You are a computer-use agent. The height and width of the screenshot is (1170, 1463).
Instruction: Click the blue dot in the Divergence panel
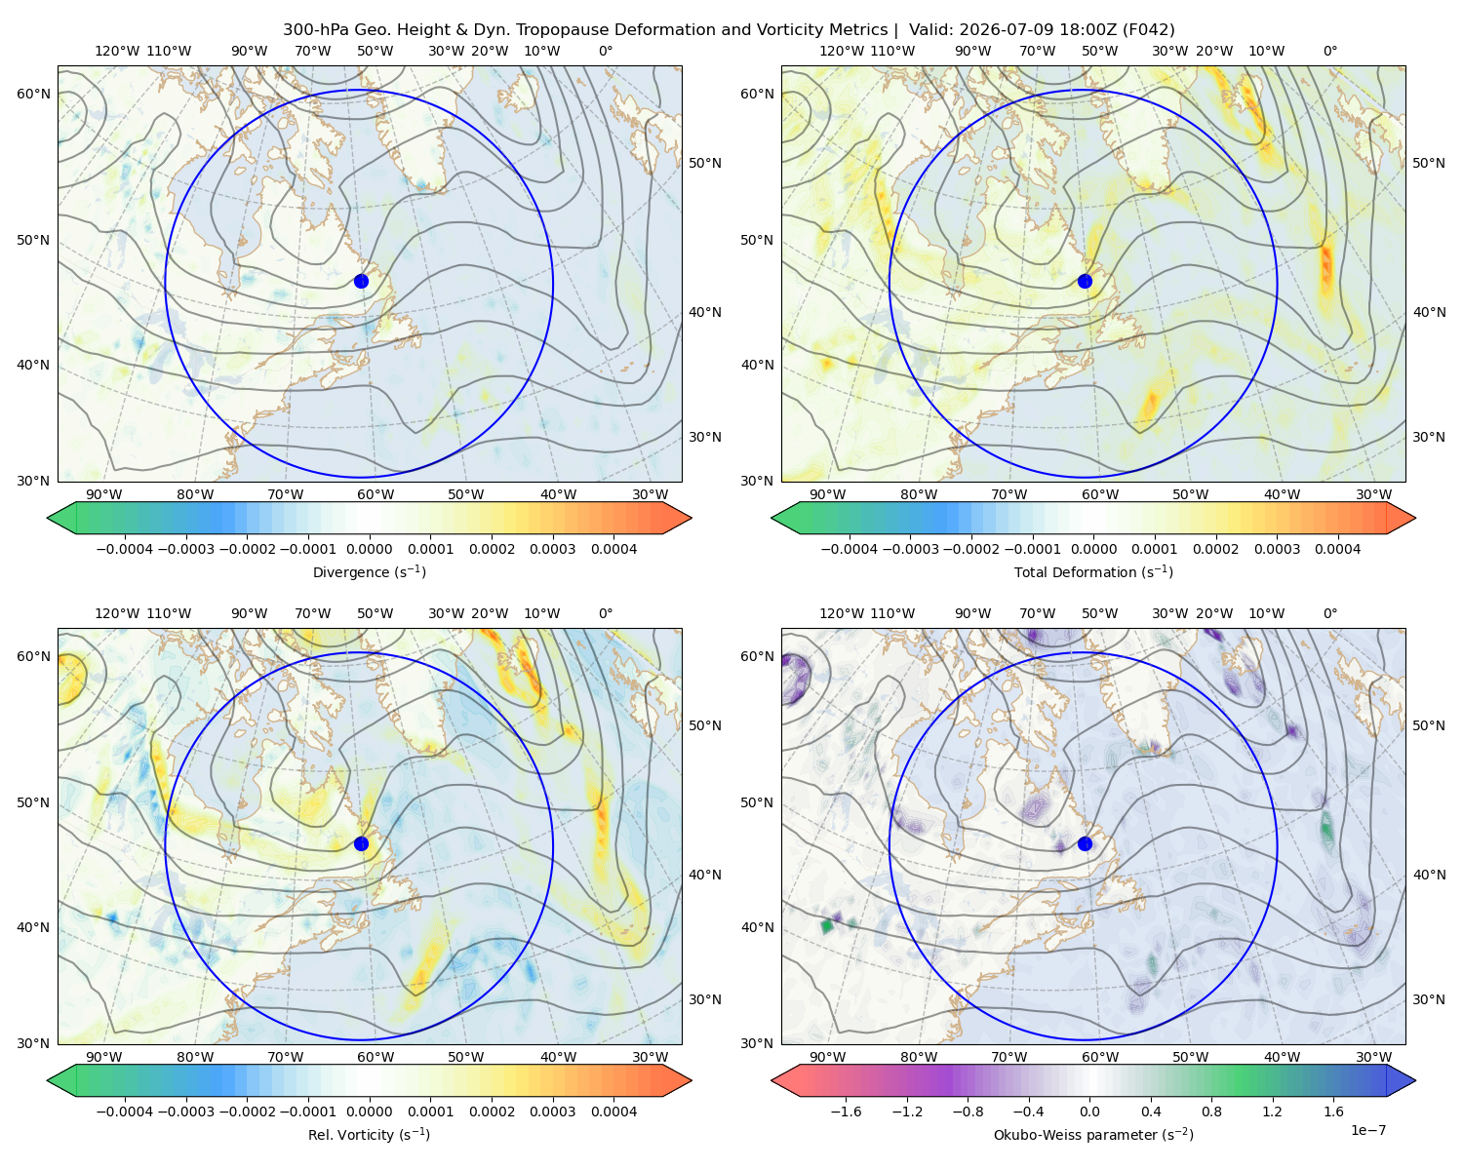(x=361, y=281)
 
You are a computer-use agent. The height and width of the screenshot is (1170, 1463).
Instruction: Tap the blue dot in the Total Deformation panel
(x=1085, y=281)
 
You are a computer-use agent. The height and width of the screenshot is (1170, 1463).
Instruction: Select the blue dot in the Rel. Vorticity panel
(x=361, y=843)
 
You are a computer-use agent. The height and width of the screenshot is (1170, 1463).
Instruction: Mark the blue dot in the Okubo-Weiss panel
(x=1085, y=843)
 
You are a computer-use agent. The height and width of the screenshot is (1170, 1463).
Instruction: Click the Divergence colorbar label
(x=369, y=572)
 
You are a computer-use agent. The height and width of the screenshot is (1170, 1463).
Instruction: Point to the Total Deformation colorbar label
(x=1093, y=572)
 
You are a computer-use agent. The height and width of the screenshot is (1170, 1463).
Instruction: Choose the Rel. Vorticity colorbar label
(x=369, y=1135)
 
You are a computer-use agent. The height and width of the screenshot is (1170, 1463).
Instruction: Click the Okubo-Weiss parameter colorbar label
(x=1093, y=1135)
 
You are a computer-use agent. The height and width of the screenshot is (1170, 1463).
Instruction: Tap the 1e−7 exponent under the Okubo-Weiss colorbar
(x=1367, y=1130)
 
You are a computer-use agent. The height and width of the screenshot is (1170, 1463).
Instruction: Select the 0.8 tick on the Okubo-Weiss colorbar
(x=1211, y=1111)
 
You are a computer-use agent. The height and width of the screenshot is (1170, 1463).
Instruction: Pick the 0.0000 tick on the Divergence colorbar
(x=369, y=549)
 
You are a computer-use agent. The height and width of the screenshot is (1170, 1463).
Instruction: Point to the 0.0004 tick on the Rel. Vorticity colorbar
(x=613, y=1111)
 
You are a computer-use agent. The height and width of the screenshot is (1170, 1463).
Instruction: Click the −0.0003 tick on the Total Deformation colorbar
(x=910, y=549)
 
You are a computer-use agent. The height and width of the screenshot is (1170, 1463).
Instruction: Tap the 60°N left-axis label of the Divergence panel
(x=33, y=94)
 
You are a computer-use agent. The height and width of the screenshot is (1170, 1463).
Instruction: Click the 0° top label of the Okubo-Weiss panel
(x=1329, y=613)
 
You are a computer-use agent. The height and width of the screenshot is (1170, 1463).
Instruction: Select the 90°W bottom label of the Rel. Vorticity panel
(x=104, y=1057)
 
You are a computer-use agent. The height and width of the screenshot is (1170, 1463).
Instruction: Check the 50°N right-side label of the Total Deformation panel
(x=1429, y=163)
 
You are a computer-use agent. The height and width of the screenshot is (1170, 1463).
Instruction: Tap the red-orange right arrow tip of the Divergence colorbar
(x=691, y=518)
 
